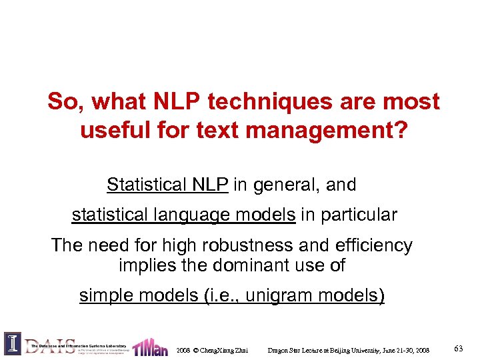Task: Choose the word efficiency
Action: point(373,245)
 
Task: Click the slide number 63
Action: point(459,349)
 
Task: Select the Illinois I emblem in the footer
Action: point(12,343)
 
